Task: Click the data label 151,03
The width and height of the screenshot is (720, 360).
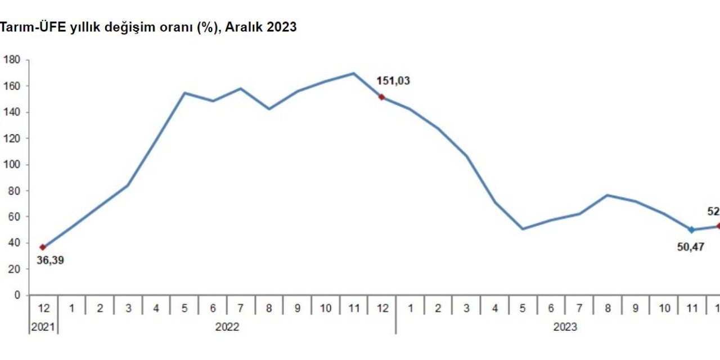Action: coord(393,80)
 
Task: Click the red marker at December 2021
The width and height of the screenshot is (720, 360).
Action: coord(43,247)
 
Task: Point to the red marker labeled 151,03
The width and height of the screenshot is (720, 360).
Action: coord(381,97)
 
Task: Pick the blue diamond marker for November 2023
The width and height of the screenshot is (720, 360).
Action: coord(691,229)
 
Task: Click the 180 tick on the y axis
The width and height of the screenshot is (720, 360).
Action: coord(12,60)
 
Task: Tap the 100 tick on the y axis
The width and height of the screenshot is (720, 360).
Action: coord(12,165)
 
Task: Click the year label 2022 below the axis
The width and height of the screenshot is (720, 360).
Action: coord(227,327)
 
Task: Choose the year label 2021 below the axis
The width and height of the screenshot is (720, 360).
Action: coord(43,327)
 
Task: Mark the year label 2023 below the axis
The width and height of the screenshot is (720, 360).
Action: coord(565,327)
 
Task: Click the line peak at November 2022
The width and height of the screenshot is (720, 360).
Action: coord(353,73)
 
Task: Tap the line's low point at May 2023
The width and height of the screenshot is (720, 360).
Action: coord(523,229)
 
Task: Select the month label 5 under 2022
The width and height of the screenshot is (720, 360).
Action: coord(184,308)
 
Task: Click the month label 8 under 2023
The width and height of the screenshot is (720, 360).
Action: coord(607,308)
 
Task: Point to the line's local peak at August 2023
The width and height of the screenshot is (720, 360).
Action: coord(607,195)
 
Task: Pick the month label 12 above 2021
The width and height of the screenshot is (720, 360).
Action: coord(43,308)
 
